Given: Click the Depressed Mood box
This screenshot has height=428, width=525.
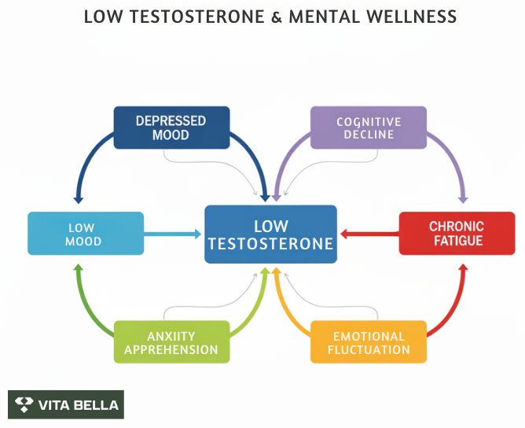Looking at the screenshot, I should (x=171, y=127).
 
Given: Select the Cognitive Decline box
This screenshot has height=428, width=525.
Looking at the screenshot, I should (x=369, y=127).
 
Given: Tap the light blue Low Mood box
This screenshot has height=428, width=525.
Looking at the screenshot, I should (x=86, y=234).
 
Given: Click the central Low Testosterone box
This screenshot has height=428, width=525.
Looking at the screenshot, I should (x=271, y=234).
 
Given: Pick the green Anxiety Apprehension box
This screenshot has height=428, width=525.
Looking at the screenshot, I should (x=171, y=342).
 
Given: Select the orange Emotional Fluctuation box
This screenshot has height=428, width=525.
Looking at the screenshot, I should (x=369, y=342).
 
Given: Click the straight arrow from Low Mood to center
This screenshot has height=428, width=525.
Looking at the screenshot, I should (x=173, y=234).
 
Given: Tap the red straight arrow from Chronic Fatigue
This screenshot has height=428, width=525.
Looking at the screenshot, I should (x=369, y=234).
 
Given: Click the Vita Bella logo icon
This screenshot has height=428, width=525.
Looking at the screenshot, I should (x=25, y=405).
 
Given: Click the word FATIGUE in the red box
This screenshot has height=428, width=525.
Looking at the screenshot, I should (x=457, y=241).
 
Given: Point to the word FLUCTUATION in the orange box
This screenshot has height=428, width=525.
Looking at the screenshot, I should (x=369, y=349).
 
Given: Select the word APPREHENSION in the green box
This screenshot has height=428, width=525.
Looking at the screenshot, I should (x=171, y=349).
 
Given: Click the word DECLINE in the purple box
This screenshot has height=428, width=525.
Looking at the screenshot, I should (x=369, y=135).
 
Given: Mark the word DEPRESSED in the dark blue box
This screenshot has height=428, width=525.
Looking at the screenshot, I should (x=171, y=120).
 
